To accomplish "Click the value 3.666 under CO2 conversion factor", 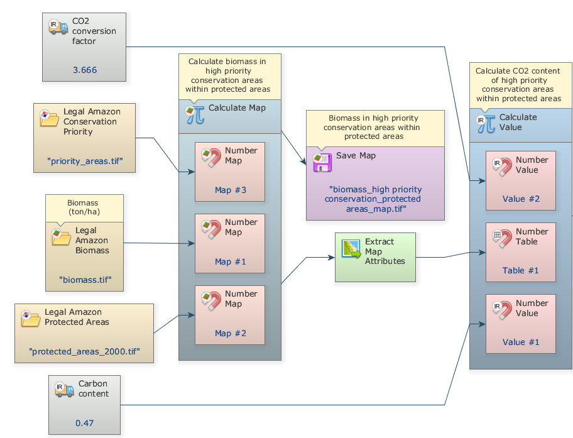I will click(x=85, y=70).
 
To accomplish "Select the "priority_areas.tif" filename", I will click(x=85, y=161).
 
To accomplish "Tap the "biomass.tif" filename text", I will click(x=85, y=280).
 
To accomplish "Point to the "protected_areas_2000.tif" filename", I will click(x=84, y=351).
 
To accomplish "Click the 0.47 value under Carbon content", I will click(x=84, y=423).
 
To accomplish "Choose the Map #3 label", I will click(x=229, y=190).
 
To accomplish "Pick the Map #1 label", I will click(x=229, y=261).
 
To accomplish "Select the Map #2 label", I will click(x=229, y=333).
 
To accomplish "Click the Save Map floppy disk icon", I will click(x=322, y=162).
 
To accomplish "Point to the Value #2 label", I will click(x=521, y=199).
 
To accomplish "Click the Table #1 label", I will click(x=521, y=270).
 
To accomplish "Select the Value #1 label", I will click(x=521, y=342).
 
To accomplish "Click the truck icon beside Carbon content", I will click(x=65, y=390).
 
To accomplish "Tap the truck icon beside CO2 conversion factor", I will click(x=58, y=27).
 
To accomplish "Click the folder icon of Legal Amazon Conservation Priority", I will click(x=49, y=118).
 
